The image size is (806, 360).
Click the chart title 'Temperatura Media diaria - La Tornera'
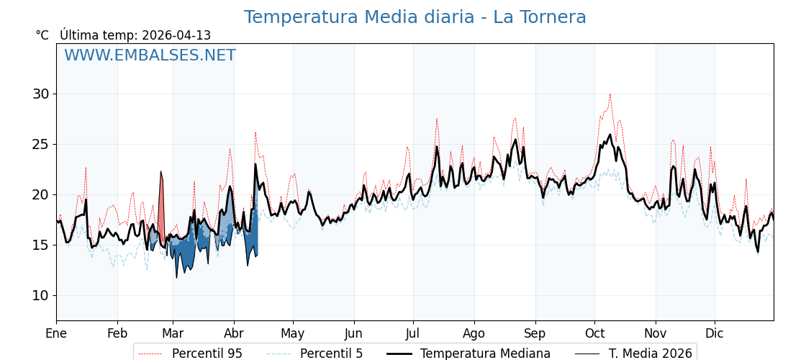[415, 17]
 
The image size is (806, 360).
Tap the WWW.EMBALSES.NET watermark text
[150, 55]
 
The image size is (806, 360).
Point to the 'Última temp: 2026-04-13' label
[135, 35]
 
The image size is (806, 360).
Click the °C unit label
[42, 35]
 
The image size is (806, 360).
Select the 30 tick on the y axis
[40, 94]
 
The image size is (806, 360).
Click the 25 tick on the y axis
[40, 144]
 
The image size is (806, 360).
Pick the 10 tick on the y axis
[40, 295]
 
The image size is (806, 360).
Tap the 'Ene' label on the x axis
[56, 334]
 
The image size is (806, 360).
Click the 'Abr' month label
[234, 334]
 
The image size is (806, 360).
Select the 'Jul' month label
[413, 334]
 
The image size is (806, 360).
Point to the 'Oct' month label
[594, 334]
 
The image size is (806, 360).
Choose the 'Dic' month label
[715, 334]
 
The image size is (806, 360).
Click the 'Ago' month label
[474, 334]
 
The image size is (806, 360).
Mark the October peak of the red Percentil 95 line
[610, 94]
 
